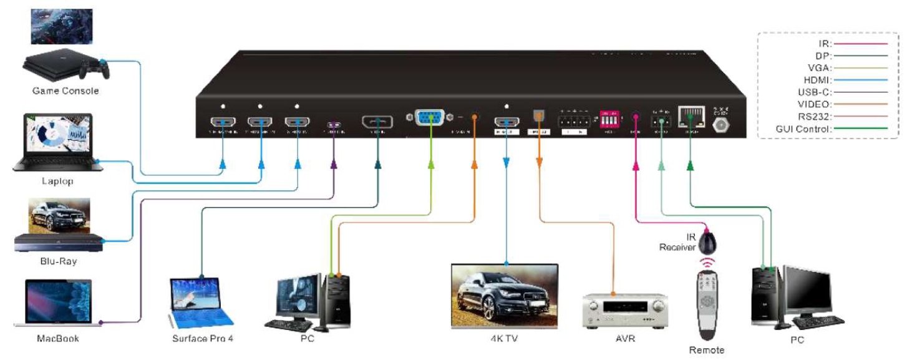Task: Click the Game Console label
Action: click(65, 91)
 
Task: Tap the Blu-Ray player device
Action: click(57, 243)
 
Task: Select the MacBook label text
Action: click(57, 339)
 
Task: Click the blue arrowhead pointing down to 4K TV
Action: click(506, 163)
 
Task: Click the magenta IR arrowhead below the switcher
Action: click(636, 165)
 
